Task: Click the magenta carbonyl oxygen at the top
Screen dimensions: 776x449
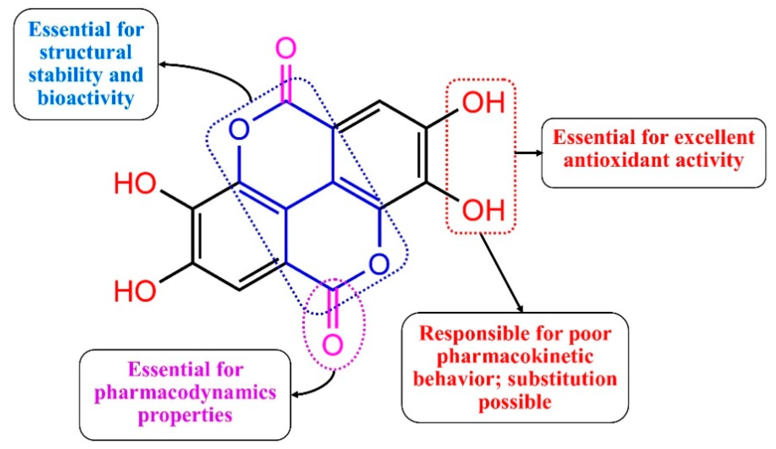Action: pos(286,48)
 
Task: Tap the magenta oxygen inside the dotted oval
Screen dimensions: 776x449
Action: pos(333,345)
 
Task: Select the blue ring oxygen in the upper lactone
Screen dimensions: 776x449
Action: pos(239,130)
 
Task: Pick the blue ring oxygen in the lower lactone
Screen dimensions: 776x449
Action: pos(379,264)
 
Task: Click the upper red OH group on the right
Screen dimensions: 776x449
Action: pos(483,103)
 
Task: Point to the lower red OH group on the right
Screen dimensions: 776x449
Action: pos(483,210)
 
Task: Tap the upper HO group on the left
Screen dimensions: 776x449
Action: pos(135,183)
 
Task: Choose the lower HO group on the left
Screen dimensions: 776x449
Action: pos(135,291)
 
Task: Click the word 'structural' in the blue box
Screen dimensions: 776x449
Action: pos(86,52)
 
